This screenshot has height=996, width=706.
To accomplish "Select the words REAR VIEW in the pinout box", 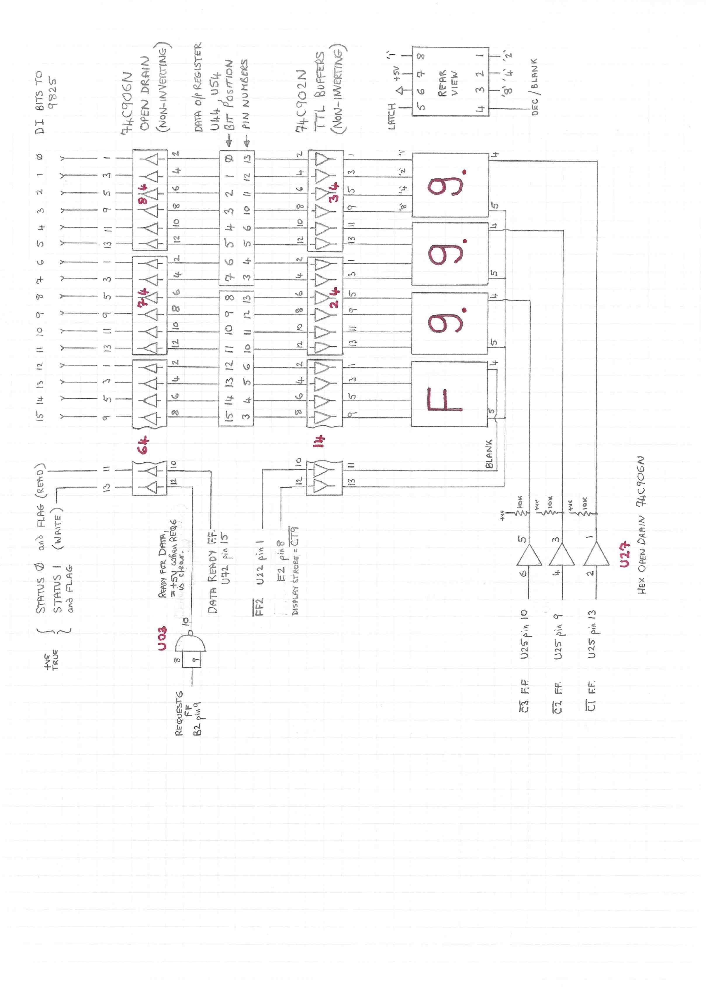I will point(448,83).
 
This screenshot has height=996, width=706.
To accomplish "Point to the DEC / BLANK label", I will point(535,87).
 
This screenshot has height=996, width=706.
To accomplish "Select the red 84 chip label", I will point(143,193).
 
